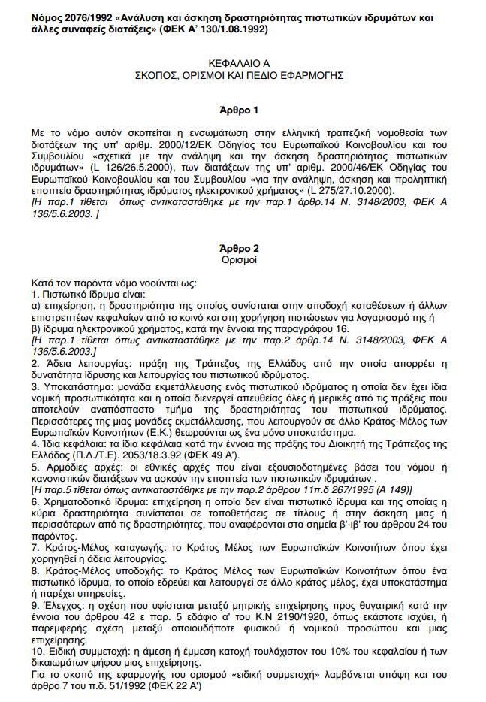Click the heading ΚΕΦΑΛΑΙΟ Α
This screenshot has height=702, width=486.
243,64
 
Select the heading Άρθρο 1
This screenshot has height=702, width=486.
243,109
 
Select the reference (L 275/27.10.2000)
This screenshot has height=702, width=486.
353,190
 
